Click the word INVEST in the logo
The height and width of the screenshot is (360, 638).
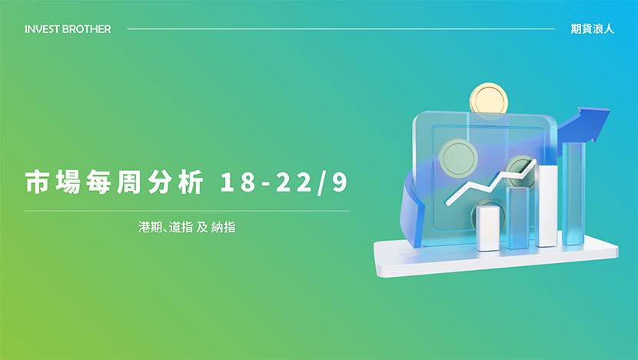42,29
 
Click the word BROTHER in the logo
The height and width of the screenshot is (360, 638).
87,29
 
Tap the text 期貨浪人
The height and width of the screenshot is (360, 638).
592,29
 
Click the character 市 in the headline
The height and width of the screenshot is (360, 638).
38,182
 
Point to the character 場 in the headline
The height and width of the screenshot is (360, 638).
68,182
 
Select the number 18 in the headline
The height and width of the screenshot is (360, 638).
238,182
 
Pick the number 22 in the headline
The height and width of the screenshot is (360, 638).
294,182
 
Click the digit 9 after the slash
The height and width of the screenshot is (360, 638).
340,182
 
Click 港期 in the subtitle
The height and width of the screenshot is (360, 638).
150,227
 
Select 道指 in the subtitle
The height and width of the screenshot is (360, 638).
181,227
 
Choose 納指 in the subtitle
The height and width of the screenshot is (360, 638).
224,227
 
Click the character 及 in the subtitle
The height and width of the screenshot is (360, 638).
202,227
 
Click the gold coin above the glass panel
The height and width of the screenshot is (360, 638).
489,99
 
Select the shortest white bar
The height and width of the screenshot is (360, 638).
488,228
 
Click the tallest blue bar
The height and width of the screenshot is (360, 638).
573,193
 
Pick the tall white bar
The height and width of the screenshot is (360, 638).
547,205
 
